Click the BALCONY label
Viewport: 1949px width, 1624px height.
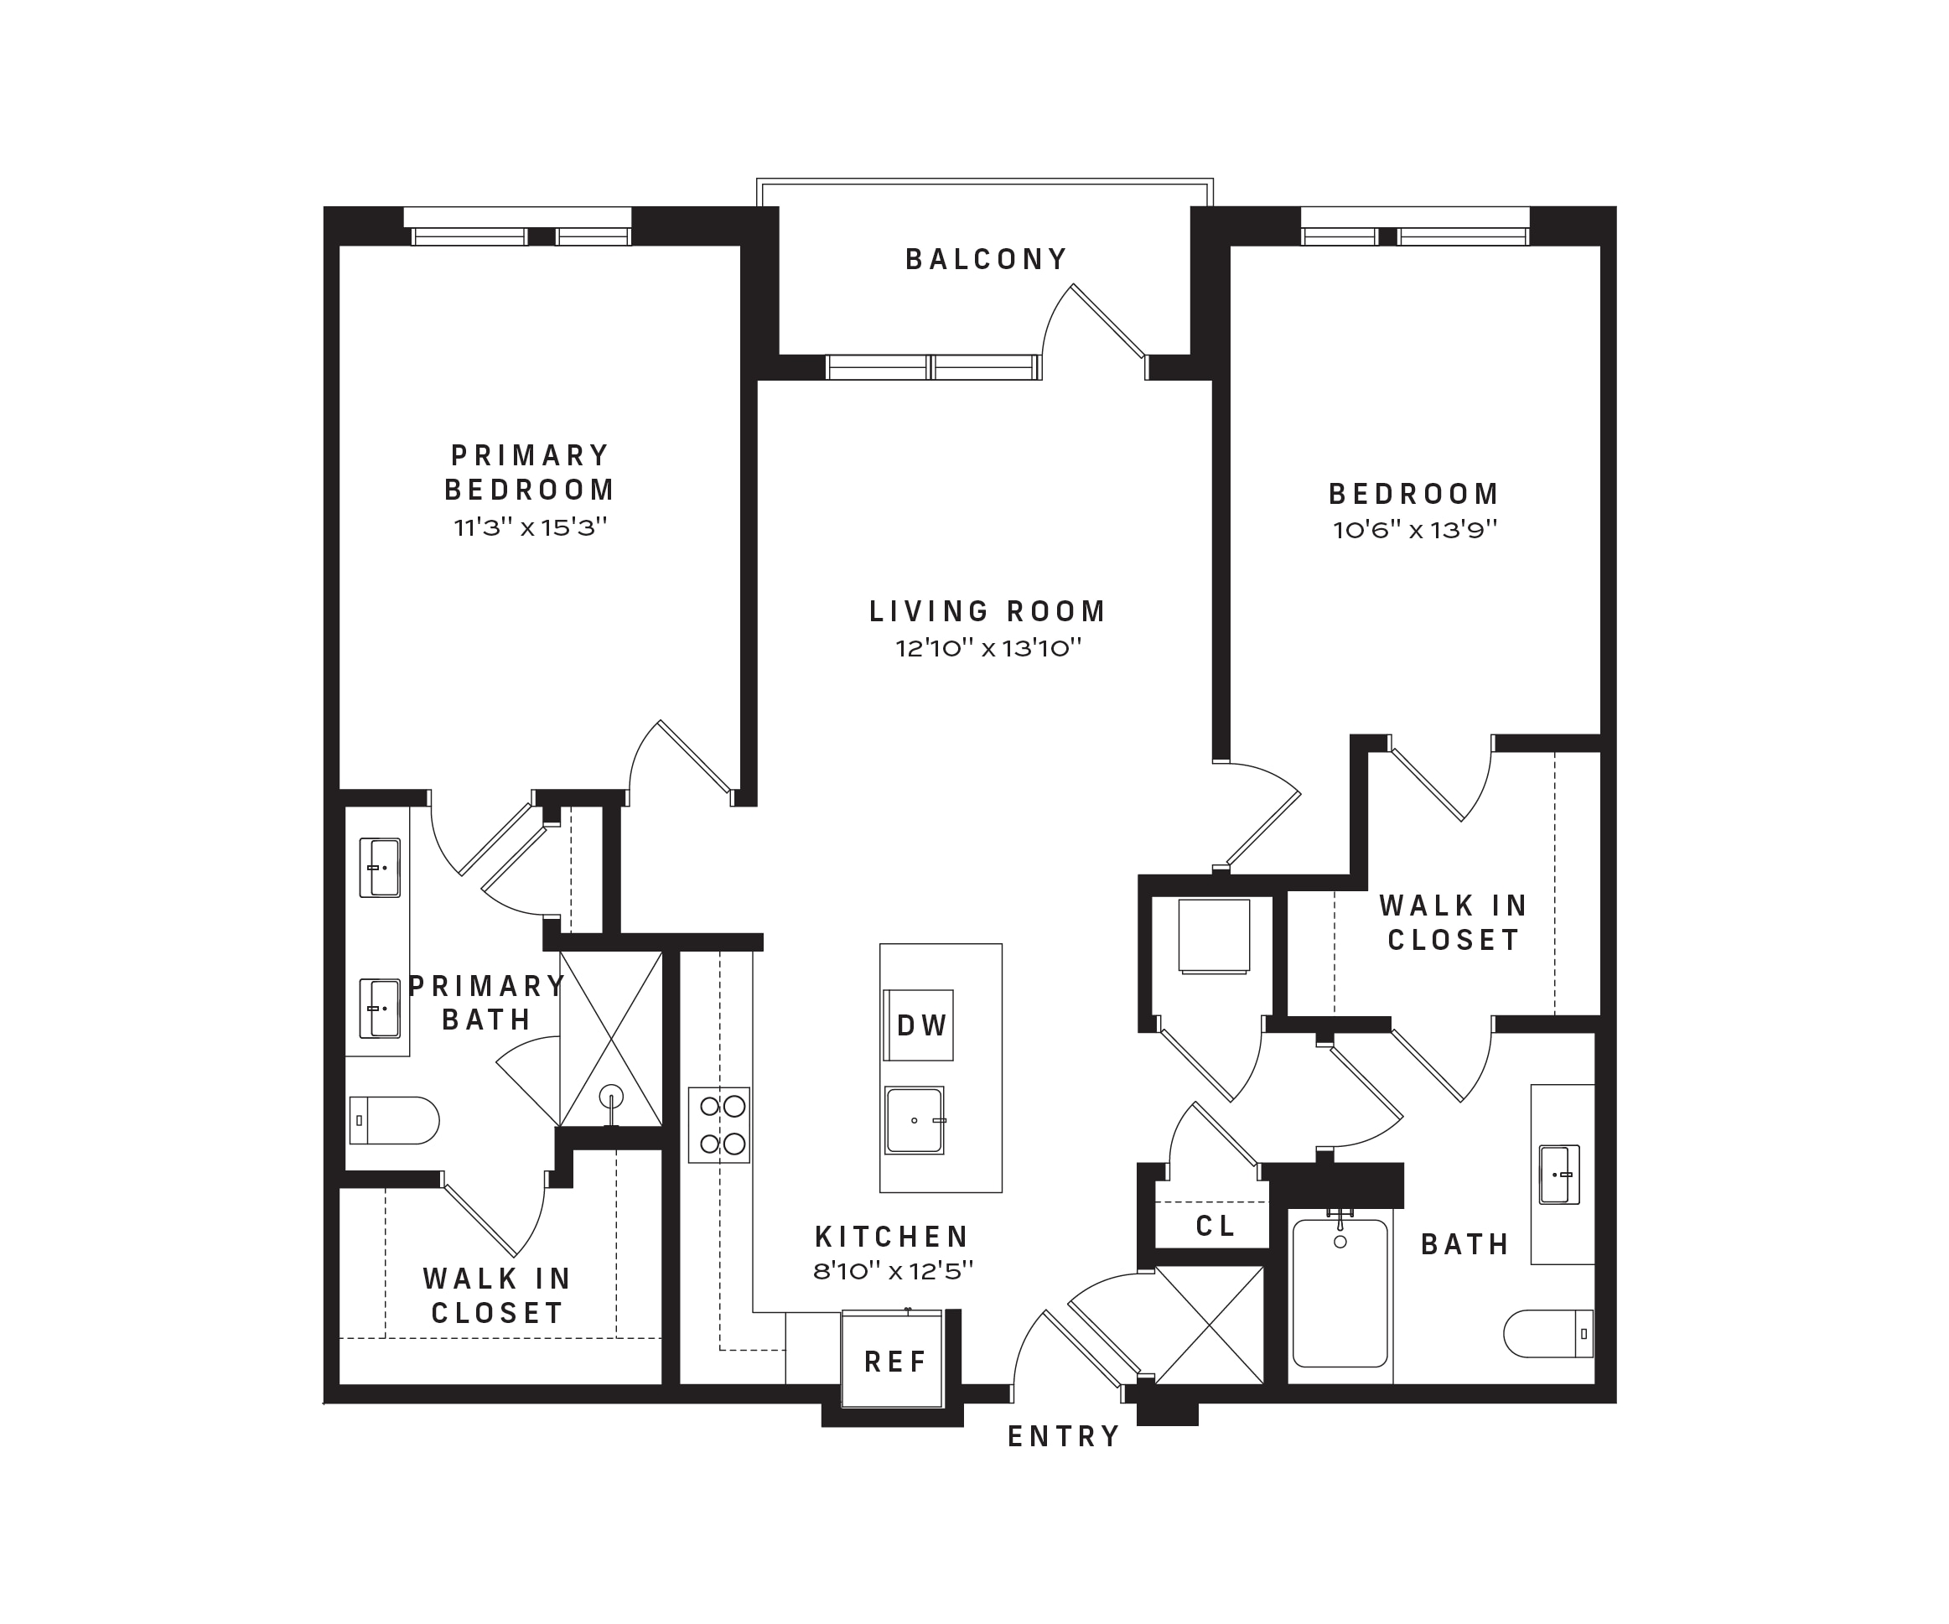click(x=986, y=259)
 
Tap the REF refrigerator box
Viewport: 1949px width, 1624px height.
click(x=892, y=1361)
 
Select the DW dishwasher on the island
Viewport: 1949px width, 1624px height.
click(x=919, y=1025)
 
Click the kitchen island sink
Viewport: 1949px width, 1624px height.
click(x=915, y=1120)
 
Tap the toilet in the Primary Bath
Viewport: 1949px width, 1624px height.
click(x=393, y=1120)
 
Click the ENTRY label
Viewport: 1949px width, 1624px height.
click(x=1064, y=1436)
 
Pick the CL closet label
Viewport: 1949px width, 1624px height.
click(x=1215, y=1226)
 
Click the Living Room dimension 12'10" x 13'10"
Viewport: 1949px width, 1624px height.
click(x=988, y=648)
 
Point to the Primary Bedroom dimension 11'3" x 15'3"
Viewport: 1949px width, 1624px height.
click(x=530, y=527)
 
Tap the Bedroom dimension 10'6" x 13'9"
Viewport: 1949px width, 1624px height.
click(x=1415, y=530)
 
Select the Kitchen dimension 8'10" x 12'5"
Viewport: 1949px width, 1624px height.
click(x=893, y=1271)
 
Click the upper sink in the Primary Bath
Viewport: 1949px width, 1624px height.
click(x=380, y=868)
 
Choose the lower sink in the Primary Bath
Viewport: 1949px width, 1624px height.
click(x=380, y=1009)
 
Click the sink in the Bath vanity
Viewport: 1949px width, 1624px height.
click(x=1559, y=1174)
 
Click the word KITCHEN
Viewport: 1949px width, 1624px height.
click(x=892, y=1237)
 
